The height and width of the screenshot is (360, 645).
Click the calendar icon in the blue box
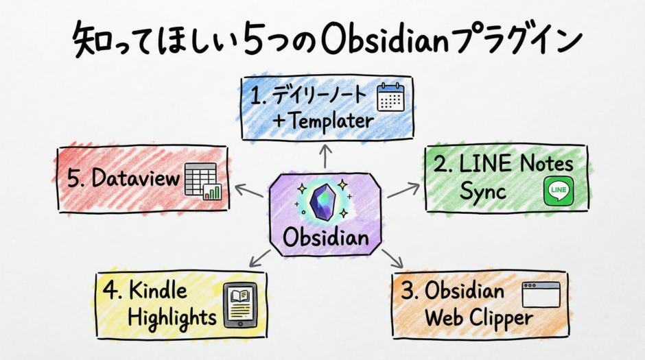pos(392,97)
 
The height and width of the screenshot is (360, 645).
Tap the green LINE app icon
pos(558,191)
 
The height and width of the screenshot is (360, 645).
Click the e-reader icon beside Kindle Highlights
pos(240,305)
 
